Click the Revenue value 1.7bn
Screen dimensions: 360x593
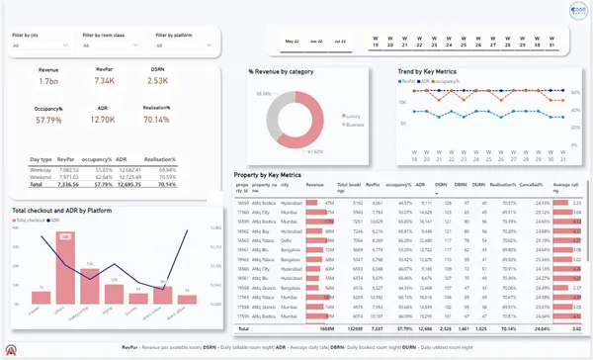click(47, 83)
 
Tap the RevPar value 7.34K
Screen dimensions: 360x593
click(105, 83)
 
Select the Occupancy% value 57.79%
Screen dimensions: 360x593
click(47, 119)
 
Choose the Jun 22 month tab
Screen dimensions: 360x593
click(316, 43)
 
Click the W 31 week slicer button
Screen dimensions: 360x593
click(551, 43)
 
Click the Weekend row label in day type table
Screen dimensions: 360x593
click(42, 176)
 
